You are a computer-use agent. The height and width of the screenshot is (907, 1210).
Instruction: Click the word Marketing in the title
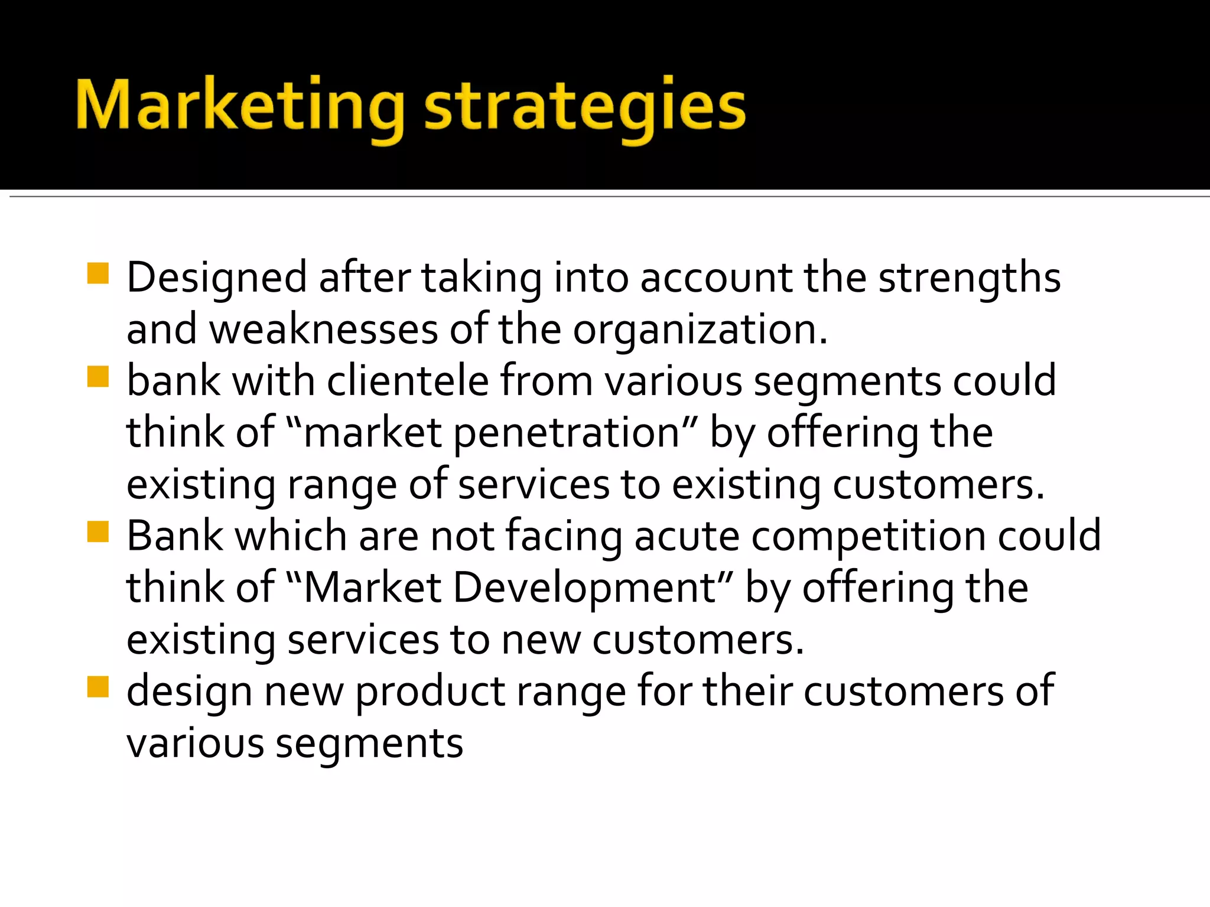(239, 106)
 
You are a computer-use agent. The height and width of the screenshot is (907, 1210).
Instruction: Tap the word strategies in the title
(585, 108)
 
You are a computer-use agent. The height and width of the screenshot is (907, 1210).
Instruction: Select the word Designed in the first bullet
(217, 278)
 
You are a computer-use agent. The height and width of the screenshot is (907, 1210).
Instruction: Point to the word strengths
(970, 278)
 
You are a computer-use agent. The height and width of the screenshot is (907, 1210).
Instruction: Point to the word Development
(585, 588)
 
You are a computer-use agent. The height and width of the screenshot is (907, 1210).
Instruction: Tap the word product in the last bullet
(430, 691)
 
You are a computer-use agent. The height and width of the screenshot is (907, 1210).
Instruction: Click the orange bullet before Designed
(98, 273)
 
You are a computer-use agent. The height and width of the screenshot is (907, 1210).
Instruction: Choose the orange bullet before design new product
(98, 687)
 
